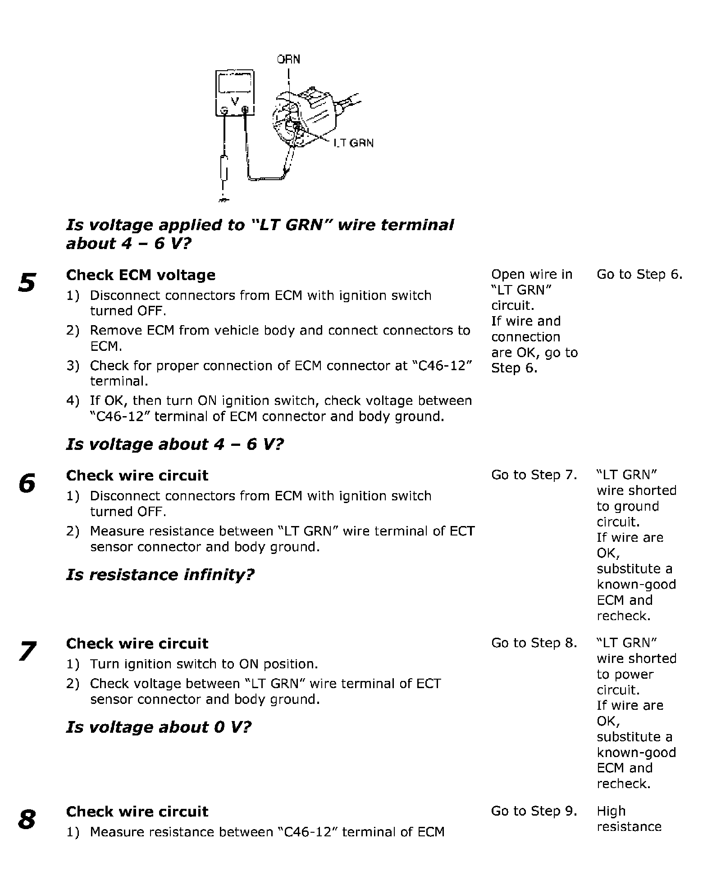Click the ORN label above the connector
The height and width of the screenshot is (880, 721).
(x=288, y=59)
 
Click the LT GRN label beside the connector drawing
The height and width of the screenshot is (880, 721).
(x=354, y=143)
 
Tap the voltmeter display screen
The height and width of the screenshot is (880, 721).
(x=234, y=83)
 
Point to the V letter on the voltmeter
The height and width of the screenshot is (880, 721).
(x=234, y=102)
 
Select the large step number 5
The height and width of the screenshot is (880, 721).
(x=27, y=283)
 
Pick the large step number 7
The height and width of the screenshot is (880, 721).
(x=27, y=651)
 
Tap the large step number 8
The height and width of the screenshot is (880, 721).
(x=27, y=819)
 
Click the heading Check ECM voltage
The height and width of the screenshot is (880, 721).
(x=141, y=275)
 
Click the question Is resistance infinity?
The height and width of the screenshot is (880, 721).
(x=160, y=575)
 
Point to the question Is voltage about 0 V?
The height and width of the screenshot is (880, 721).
(x=159, y=727)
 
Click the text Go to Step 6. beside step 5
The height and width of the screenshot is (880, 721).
(x=639, y=274)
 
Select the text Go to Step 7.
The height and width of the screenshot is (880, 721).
(x=534, y=475)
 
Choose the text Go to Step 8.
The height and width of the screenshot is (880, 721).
(x=534, y=643)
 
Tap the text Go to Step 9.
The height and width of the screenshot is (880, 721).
(x=534, y=811)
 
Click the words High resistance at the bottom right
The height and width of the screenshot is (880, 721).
(x=629, y=819)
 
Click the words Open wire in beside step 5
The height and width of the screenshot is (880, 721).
(x=531, y=274)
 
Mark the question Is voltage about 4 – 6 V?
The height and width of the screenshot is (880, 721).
(x=175, y=445)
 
